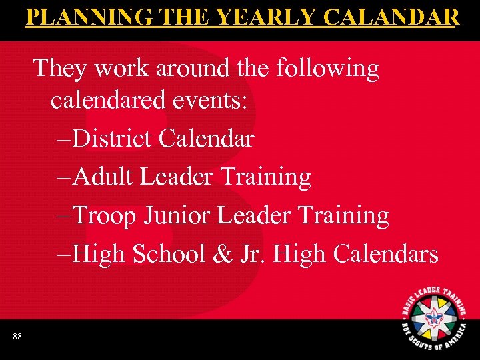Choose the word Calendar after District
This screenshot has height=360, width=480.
[206, 139]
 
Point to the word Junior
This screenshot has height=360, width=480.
[181, 215]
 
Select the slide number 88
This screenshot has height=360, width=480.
[17, 337]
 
